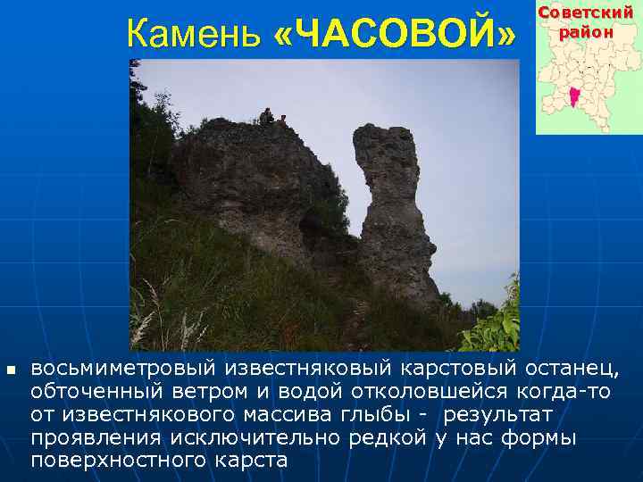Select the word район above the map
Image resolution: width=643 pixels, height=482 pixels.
pyautogui.click(x=587, y=31)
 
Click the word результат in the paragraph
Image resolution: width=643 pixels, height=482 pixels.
pyautogui.click(x=497, y=415)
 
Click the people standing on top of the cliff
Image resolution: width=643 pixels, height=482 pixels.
pyautogui.click(x=269, y=116)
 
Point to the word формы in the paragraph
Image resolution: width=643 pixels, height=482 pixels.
pyautogui.click(x=543, y=438)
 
